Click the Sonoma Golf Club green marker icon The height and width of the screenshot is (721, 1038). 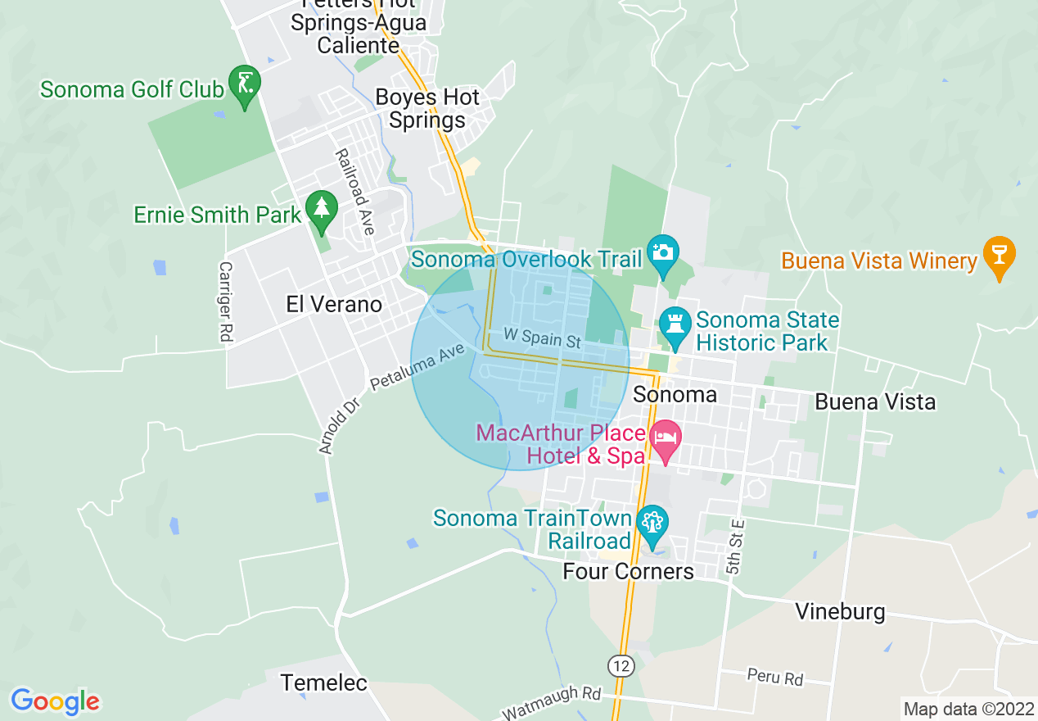coord(245,84)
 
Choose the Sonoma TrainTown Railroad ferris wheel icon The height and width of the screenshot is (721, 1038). coord(652,523)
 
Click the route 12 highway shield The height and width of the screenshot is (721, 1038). coord(622,665)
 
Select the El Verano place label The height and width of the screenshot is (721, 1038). coord(334,305)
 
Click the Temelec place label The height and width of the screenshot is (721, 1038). coord(324,682)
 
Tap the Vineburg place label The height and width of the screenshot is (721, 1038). coord(841,612)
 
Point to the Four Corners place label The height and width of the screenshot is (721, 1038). coord(629,571)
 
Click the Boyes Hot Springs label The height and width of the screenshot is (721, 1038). coord(426,109)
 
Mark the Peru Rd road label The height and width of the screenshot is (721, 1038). coord(774,678)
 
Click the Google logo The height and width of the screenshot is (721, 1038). coord(56,701)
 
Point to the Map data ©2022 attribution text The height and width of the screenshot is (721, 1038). coord(968,709)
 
